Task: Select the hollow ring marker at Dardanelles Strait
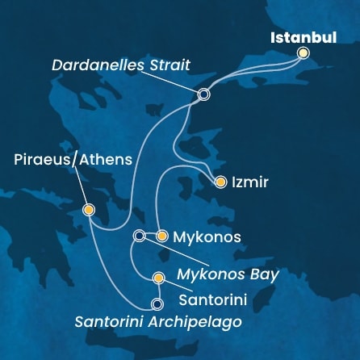click(x=203, y=94)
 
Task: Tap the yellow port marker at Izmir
click(x=220, y=182)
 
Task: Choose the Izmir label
click(x=250, y=183)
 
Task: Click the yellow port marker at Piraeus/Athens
click(x=88, y=210)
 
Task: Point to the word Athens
click(x=105, y=161)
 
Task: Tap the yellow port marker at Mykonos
click(x=161, y=237)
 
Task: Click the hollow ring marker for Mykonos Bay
click(x=139, y=236)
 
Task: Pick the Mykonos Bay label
click(x=228, y=274)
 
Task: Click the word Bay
click(x=265, y=274)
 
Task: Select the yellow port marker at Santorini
click(x=158, y=279)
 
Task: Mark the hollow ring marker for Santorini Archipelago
click(x=157, y=304)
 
